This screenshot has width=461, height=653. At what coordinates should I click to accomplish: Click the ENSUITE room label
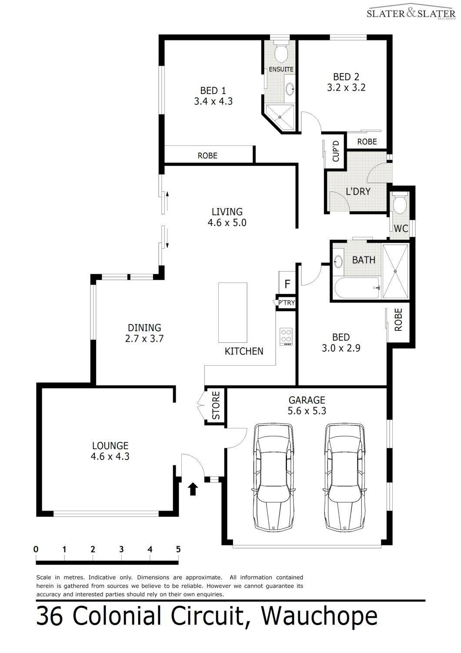[281, 69]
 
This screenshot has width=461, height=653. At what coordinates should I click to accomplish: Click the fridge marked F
[287, 284]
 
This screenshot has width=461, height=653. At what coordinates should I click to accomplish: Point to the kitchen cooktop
[286, 337]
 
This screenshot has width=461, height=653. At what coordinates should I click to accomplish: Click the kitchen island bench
[233, 313]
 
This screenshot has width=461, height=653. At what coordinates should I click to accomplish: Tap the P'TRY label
[287, 303]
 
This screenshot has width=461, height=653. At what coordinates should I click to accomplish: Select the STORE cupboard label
[216, 405]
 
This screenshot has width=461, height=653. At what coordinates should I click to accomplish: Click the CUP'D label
[336, 151]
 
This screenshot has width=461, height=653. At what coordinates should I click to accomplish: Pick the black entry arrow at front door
[193, 489]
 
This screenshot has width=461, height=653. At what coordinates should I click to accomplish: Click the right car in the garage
[344, 477]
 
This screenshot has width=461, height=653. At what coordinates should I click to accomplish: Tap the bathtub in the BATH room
[357, 288]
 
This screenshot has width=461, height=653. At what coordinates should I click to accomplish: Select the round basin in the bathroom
[338, 261]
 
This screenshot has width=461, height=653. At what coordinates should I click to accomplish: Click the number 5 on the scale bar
[178, 549]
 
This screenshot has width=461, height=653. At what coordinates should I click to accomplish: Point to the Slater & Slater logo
[411, 12]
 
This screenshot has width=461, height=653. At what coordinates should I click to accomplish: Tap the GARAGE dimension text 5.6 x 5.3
[307, 411]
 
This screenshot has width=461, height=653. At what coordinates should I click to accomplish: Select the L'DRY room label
[358, 192]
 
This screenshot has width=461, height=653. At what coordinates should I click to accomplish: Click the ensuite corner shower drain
[280, 117]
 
